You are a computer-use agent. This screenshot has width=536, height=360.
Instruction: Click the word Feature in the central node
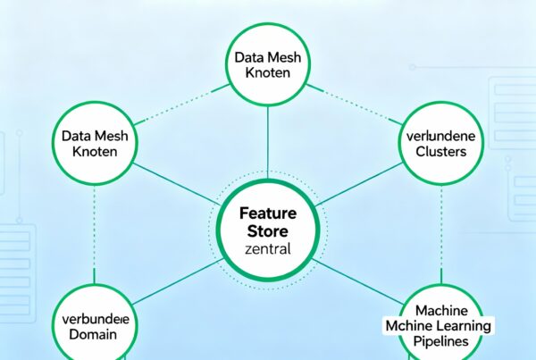tap(267, 214)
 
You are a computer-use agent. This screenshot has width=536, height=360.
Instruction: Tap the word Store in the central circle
tap(267, 233)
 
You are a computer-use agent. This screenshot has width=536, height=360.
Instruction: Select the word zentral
tap(267, 250)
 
